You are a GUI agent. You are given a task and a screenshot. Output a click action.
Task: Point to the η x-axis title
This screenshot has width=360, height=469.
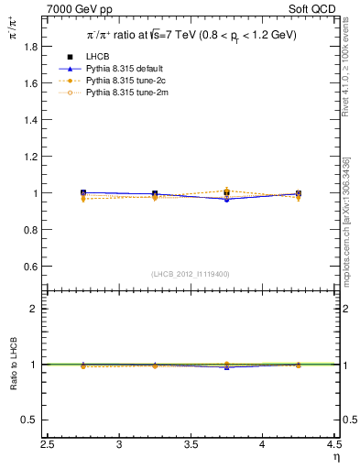[x=334, y=457]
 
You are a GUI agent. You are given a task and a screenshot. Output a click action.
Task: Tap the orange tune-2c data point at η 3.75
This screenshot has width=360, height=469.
[x=226, y=191]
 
